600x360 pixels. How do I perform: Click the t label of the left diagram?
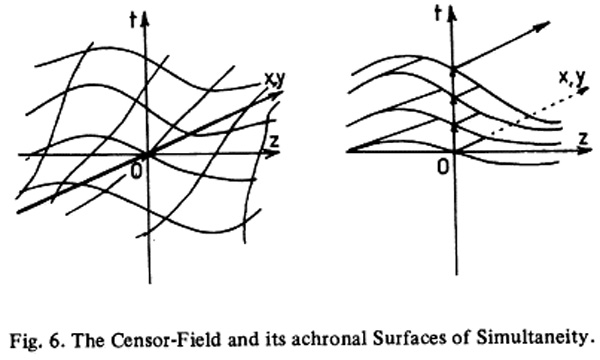(133, 20)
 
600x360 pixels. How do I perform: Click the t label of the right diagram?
(439, 14)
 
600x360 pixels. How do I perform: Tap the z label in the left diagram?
(274, 141)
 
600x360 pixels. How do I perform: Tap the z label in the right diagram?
(584, 138)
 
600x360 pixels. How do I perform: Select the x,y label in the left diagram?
(275, 80)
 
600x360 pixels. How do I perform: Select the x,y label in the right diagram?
(572, 78)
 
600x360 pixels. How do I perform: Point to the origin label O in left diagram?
(136, 172)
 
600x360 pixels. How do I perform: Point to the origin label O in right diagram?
(443, 167)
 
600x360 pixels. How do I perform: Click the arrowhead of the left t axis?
(145, 18)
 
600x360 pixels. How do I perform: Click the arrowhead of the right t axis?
(452, 14)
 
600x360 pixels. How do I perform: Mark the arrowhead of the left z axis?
(273, 154)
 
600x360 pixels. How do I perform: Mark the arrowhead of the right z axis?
(585, 150)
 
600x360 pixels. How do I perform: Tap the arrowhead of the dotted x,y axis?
(583, 91)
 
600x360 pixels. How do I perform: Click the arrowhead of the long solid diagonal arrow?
(542, 26)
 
